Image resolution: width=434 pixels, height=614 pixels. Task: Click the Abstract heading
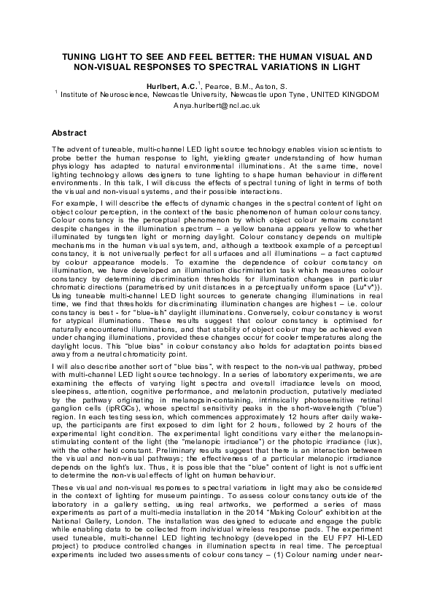(x=69, y=133)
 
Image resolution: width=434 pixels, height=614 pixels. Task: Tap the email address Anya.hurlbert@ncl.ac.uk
(x=217, y=106)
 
